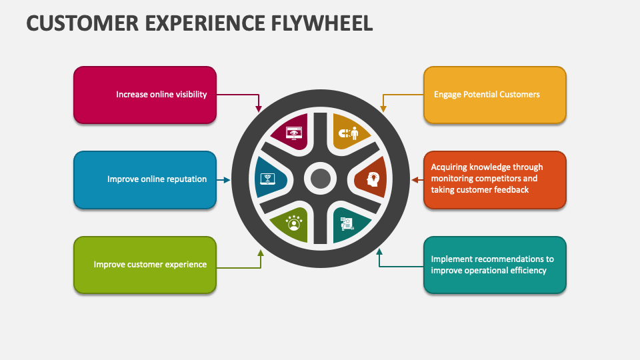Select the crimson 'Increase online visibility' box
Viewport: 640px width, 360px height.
click(x=145, y=95)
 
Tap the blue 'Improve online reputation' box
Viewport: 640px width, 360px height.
click(x=145, y=179)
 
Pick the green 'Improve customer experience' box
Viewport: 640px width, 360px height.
click(x=145, y=265)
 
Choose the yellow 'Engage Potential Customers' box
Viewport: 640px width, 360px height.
click(x=495, y=95)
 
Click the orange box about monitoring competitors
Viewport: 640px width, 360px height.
click(x=495, y=179)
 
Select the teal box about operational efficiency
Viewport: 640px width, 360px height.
click(x=495, y=265)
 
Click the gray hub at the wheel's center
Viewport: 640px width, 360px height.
click(x=321, y=179)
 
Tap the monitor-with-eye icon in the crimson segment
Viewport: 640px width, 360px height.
click(x=293, y=133)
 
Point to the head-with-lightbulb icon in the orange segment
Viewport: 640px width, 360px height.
click(x=371, y=179)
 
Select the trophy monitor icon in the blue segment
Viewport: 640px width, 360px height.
click(x=267, y=179)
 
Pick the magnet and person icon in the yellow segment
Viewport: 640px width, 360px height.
click(x=346, y=133)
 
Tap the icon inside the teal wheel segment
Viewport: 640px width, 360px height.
click(x=347, y=223)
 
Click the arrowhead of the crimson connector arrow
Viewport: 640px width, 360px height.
click(x=259, y=108)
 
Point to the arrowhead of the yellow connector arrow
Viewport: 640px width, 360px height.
click(x=383, y=107)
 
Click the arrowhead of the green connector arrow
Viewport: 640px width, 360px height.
click(x=261, y=253)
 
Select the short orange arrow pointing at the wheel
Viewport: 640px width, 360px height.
click(x=417, y=179)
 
